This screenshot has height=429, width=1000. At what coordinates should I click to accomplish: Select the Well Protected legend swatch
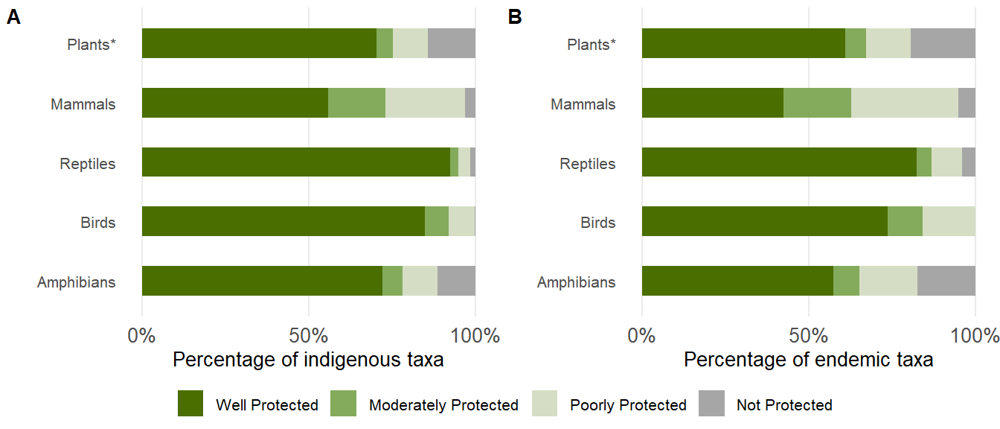click(190, 404)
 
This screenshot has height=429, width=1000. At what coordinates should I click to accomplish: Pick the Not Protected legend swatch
click(711, 404)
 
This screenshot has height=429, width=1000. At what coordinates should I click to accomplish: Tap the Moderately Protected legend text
click(443, 405)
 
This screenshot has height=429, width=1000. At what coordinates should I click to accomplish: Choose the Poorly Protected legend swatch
click(545, 404)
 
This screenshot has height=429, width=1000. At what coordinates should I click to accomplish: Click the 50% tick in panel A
click(309, 335)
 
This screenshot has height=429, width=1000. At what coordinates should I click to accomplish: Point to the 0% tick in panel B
click(642, 335)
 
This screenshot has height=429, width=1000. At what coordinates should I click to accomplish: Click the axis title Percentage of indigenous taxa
click(308, 360)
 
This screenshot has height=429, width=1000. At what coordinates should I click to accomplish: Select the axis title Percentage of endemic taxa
click(808, 360)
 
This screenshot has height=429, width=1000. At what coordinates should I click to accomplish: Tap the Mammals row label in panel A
click(83, 104)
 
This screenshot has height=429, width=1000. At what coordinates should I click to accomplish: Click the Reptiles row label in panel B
click(588, 164)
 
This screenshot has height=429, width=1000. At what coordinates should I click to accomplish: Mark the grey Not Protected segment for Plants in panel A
click(452, 43)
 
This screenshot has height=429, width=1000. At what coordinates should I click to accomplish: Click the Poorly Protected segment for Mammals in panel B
click(904, 103)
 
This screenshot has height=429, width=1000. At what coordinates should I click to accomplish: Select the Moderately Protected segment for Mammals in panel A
click(356, 103)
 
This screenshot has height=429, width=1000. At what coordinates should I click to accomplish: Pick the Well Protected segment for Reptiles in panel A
click(295, 162)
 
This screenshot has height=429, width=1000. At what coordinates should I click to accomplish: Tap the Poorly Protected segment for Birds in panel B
click(949, 221)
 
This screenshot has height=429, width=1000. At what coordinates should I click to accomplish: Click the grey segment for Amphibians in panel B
click(946, 281)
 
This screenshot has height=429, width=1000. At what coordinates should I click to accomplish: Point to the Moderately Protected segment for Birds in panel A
click(437, 221)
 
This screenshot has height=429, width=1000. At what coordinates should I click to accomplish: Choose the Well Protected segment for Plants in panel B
click(743, 43)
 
